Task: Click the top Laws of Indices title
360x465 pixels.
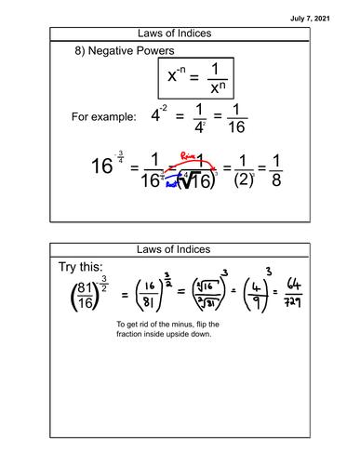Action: click(180, 33)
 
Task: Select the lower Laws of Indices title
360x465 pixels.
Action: click(180, 249)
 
